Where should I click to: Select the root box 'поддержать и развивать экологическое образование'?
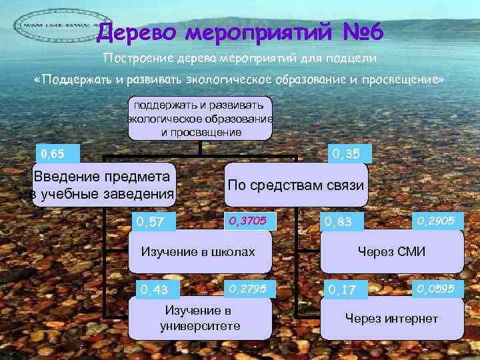[x=201, y=118]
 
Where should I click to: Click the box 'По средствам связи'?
[x=296, y=185]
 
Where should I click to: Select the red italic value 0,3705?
[x=248, y=219]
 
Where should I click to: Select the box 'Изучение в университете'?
[x=199, y=319]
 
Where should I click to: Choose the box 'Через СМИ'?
[x=391, y=251]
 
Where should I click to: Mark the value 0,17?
[x=339, y=289]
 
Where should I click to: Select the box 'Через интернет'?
[x=391, y=319]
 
